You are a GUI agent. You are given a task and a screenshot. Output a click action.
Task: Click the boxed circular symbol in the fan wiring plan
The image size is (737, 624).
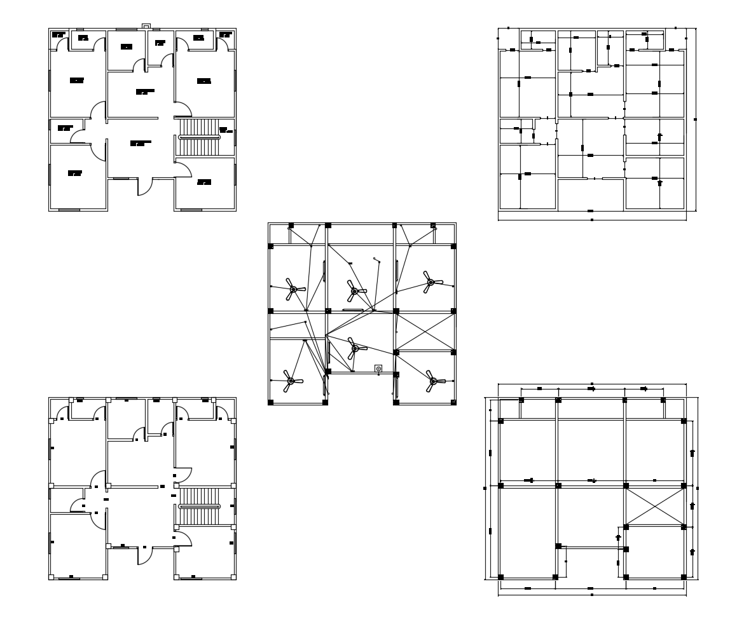pos(378,368)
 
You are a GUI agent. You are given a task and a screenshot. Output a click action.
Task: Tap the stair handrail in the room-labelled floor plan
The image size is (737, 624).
pos(200,137)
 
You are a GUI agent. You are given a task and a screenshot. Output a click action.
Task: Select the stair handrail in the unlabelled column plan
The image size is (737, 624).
pos(200,506)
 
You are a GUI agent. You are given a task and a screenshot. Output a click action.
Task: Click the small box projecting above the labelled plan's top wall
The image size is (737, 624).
pos(146,26)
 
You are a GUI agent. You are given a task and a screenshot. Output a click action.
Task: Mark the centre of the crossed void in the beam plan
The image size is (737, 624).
pos(654,506)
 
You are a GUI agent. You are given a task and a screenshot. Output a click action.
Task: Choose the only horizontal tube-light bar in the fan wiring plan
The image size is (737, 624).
pos(351,310)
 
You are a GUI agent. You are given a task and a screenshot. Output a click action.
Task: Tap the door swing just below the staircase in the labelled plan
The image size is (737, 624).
pos(183,170)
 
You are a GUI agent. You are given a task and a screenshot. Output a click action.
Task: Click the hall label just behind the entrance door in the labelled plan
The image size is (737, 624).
pos(141,143)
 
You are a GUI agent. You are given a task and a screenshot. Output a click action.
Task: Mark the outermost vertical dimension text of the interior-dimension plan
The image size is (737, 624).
pos(695,119)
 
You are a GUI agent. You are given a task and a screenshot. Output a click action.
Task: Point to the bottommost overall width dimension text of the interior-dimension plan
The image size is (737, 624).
pos(592,220)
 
